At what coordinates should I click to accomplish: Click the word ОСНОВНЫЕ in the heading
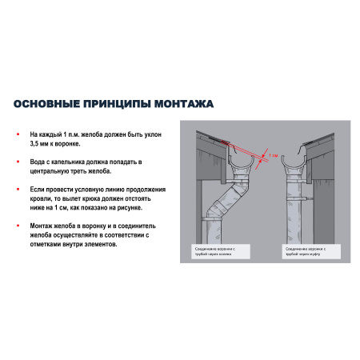(46, 103)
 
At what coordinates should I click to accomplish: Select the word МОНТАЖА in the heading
(181, 103)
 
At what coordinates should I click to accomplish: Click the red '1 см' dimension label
(273, 155)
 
